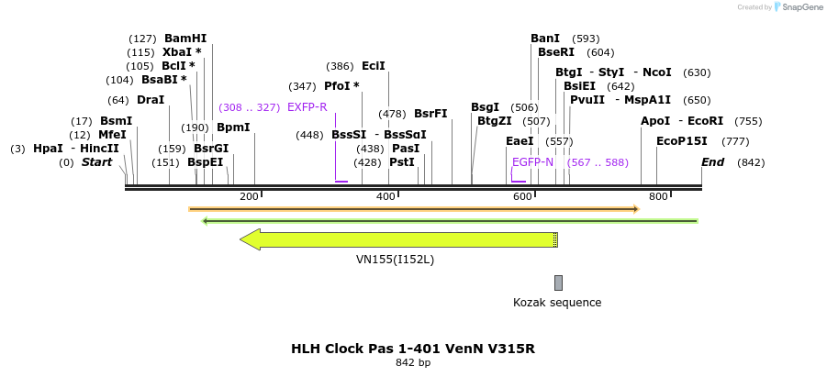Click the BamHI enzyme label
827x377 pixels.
tap(185, 39)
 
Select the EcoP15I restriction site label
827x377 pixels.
tap(682, 141)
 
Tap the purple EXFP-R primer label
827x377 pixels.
tap(307, 107)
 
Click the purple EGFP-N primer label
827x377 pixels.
tap(532, 162)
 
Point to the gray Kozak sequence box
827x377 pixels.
tap(558, 283)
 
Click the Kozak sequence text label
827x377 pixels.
tap(557, 303)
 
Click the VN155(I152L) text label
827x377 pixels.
tap(395, 260)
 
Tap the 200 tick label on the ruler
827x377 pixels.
tap(249, 197)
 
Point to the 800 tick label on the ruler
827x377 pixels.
tap(658, 197)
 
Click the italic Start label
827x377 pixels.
tap(96, 162)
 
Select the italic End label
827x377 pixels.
tap(713, 162)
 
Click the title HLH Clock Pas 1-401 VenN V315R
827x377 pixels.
tap(412, 349)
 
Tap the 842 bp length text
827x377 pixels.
tap(412, 363)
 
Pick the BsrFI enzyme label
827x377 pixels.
tap(430, 114)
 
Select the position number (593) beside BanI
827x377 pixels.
tap(586, 39)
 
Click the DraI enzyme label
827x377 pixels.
tap(151, 100)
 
